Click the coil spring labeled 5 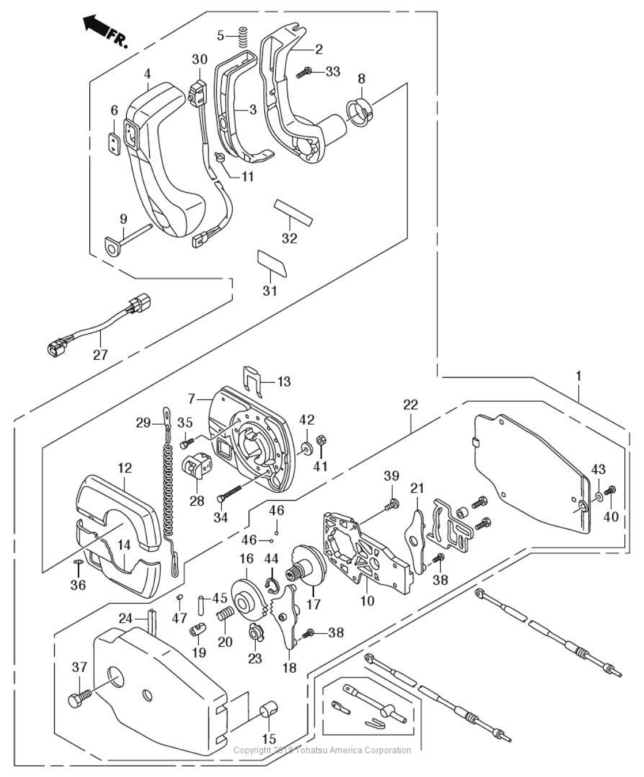(243, 36)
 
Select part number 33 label (333, 71)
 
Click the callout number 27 (101, 355)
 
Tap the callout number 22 (410, 405)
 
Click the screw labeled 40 (611, 490)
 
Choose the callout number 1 (578, 376)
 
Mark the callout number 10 (367, 601)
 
